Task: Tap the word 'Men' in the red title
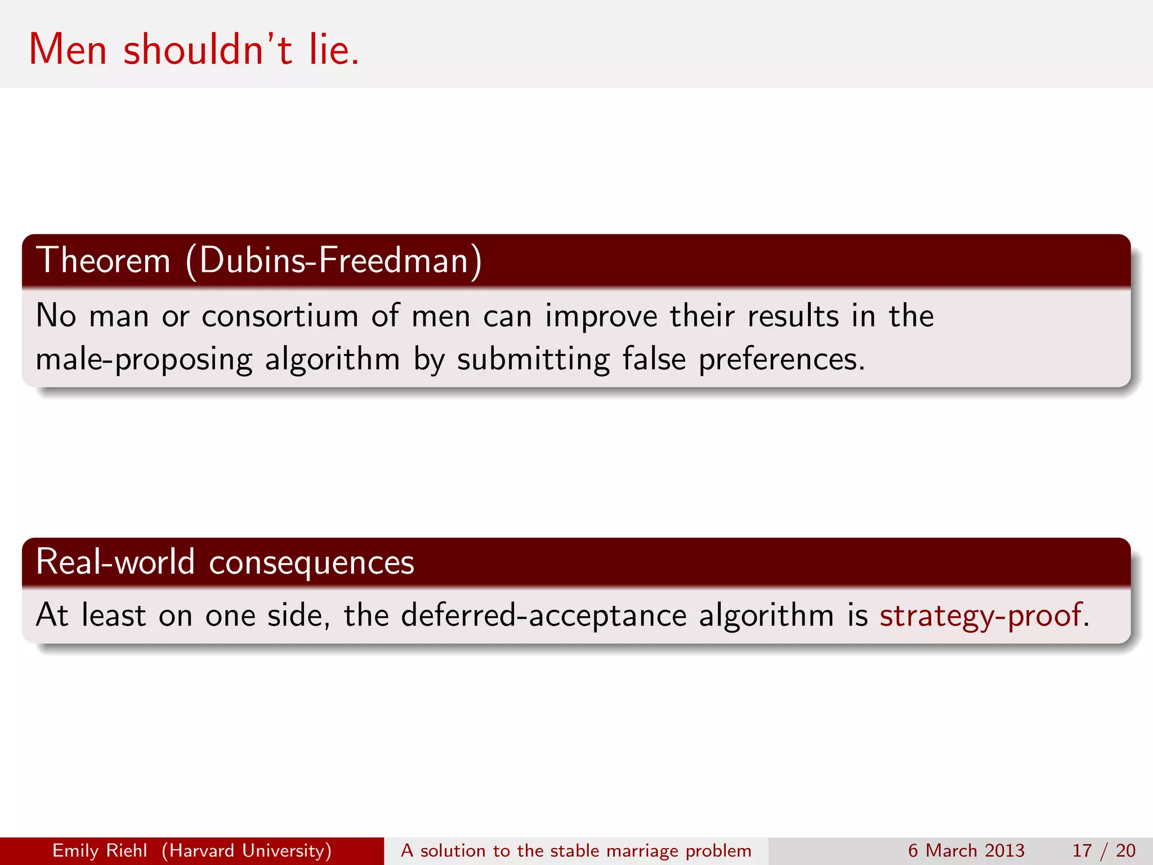[x=68, y=50]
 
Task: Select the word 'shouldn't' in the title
[x=208, y=50]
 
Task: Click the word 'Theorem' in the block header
[x=103, y=260]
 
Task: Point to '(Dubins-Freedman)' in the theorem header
[x=334, y=260]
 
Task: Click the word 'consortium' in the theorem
[x=280, y=316]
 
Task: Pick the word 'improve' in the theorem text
[x=601, y=316]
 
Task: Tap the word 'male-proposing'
[x=144, y=360]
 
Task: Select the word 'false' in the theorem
[x=654, y=359]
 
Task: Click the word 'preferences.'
[x=781, y=360]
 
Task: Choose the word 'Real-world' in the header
[x=115, y=562]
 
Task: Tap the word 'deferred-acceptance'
[x=543, y=615]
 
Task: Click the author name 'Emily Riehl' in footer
[x=100, y=850]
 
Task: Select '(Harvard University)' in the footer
[x=247, y=850]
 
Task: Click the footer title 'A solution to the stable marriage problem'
[x=576, y=850]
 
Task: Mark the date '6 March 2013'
[x=966, y=850]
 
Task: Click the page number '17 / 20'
[x=1103, y=850]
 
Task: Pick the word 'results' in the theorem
[x=793, y=316]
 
